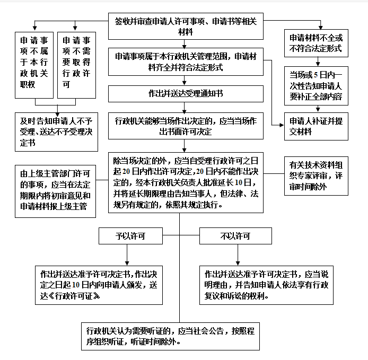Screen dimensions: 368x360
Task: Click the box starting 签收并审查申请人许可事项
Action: pos(186,26)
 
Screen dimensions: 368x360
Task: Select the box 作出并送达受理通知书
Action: pos(186,94)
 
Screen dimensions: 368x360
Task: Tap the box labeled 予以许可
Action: pos(130,236)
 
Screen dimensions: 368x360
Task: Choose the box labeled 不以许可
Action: pos(235,236)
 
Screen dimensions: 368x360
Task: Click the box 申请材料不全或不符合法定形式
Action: pos(316,43)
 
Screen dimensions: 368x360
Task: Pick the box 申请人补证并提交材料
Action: pos(316,127)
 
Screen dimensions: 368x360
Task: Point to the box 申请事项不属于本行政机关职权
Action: pos(34,65)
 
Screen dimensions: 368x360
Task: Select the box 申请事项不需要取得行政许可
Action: pos(76,65)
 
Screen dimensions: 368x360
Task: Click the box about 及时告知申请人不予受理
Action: pos(56,132)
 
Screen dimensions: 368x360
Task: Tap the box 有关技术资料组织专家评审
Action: pos(316,176)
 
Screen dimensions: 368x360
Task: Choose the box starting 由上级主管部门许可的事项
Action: pos(55,191)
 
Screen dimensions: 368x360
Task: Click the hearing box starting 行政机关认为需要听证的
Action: pos(170,336)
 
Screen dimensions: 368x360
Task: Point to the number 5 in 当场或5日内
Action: pos(316,75)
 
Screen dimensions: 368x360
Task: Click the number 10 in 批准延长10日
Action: pos(239,182)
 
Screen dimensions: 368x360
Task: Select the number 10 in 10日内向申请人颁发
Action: pos(76,285)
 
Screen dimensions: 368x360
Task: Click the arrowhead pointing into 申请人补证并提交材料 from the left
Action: pos(282,125)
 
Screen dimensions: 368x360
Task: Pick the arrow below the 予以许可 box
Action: pos(127,255)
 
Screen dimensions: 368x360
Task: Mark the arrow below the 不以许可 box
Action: pos(238,255)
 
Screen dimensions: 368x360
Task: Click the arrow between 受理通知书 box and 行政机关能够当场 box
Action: pos(184,108)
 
